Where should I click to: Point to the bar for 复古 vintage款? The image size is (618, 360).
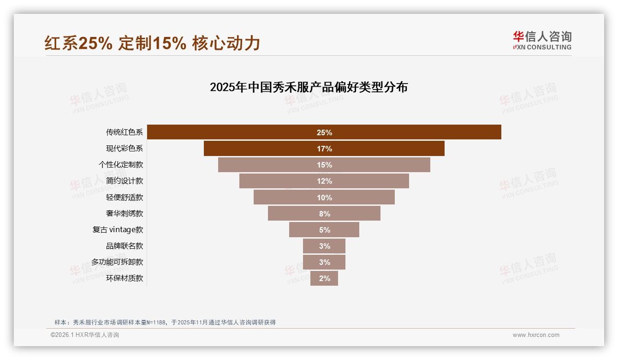(x=304, y=230)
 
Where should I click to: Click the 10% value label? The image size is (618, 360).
(x=324, y=198)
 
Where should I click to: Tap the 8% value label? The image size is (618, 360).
(x=324, y=214)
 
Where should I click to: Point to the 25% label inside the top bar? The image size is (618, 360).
(x=324, y=132)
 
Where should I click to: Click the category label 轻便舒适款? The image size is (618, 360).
(x=125, y=198)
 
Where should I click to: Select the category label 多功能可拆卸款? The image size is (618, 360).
(x=117, y=262)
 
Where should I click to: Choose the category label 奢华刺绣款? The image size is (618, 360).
(x=125, y=214)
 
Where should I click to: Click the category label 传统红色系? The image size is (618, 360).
(x=125, y=132)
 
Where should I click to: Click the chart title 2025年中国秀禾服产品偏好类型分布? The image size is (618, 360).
(x=309, y=87)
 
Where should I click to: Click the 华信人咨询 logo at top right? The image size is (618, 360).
(x=542, y=40)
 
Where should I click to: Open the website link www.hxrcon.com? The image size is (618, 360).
(x=536, y=335)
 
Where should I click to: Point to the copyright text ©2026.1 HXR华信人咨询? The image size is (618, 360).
(x=84, y=335)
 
